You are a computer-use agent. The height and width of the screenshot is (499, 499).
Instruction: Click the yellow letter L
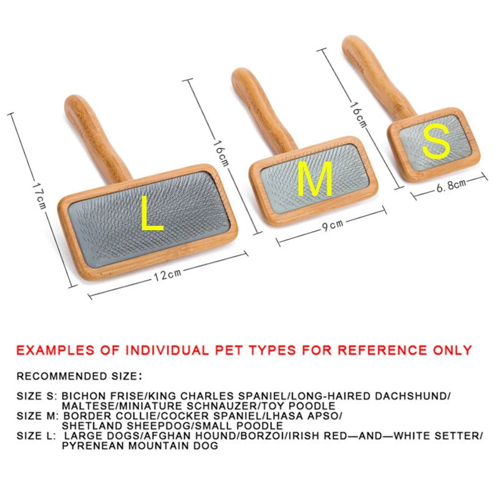(x=152, y=213)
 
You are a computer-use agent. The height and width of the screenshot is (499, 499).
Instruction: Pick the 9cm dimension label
(x=329, y=226)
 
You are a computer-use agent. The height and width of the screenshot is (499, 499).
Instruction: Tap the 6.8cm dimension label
(x=450, y=185)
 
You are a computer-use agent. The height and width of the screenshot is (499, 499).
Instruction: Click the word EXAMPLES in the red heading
(x=54, y=350)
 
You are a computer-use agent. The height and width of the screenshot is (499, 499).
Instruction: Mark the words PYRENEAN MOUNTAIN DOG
(x=140, y=446)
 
